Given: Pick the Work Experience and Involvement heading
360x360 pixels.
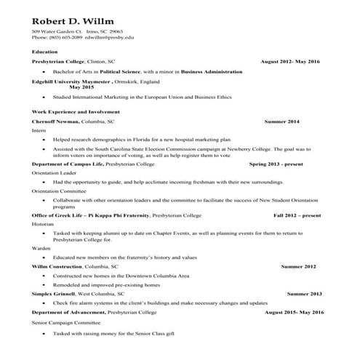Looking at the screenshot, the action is pos(76,111).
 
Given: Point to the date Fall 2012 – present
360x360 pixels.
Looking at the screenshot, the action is pos(297,215).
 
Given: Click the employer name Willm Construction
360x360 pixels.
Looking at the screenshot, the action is pos(58,267).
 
